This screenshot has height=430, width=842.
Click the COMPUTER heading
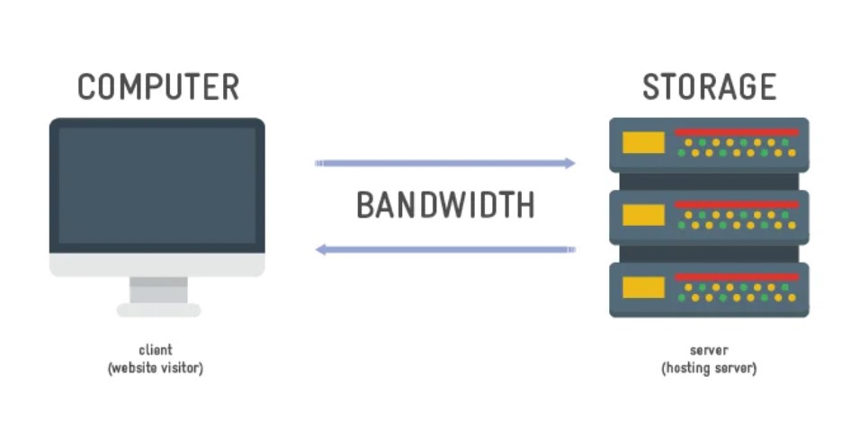tap(158, 87)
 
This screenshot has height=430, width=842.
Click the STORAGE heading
tap(709, 87)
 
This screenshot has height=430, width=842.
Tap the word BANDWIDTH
tap(445, 205)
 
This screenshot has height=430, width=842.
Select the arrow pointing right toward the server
tap(445, 164)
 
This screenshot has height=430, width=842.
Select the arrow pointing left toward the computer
tap(445, 249)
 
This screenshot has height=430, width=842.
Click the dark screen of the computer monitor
tap(157, 184)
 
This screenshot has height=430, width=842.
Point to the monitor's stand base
tap(158, 310)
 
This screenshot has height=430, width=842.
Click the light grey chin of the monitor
tap(157, 264)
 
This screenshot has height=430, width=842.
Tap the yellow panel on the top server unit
tap(644, 143)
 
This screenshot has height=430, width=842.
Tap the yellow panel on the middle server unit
tap(644, 215)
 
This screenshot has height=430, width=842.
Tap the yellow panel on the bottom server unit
tap(644, 287)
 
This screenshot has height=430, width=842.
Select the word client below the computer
tap(156, 350)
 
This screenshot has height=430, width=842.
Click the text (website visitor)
tap(156, 368)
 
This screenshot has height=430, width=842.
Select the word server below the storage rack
tap(709, 350)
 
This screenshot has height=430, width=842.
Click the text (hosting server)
tap(709, 368)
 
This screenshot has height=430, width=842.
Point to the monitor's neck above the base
tap(158, 290)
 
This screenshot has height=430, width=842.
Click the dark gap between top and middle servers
tap(709, 181)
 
